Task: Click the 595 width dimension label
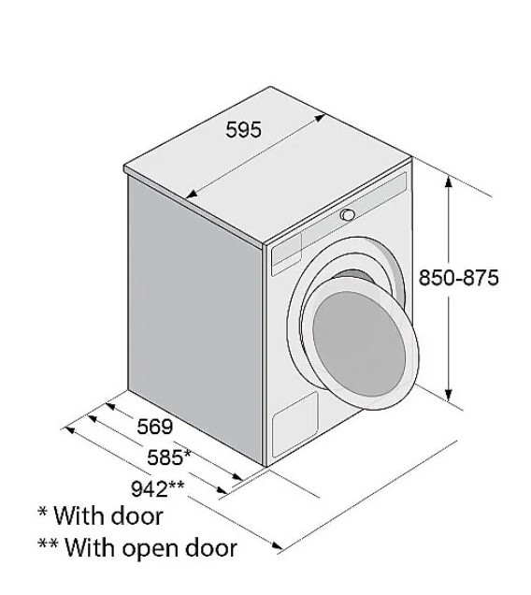point(243,129)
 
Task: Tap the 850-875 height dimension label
point(459,278)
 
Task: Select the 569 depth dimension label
point(155,427)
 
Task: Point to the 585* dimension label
point(168,457)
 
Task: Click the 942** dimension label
point(157,488)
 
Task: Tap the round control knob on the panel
point(348,215)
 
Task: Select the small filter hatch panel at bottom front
point(295,424)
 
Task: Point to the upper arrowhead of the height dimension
point(449,182)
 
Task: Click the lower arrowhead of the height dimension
point(449,395)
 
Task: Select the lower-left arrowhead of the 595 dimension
point(192,194)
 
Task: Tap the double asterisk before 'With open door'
point(48,544)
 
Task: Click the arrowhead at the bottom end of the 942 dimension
point(278,546)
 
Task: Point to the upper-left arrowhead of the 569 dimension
point(109,406)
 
